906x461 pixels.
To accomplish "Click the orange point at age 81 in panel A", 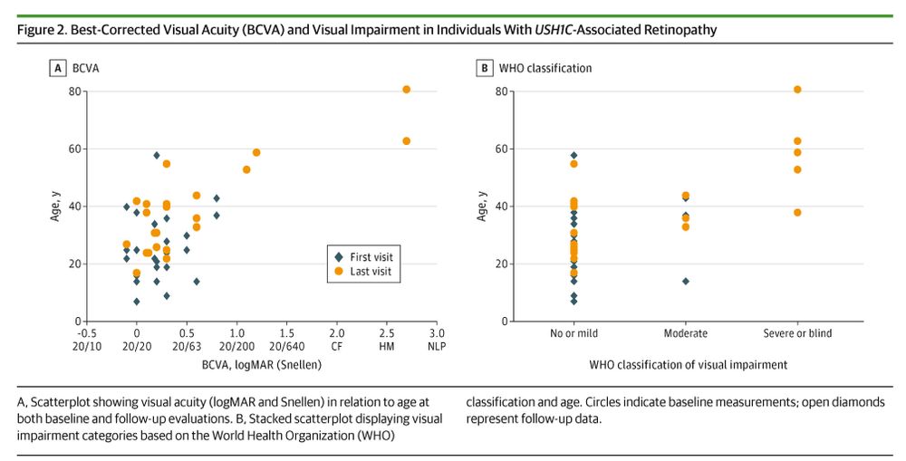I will (x=406, y=90).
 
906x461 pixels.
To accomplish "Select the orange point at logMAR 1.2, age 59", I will (x=256, y=153).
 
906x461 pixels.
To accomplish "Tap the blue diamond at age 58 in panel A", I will (x=157, y=156).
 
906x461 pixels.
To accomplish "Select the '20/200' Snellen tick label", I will (x=236, y=345).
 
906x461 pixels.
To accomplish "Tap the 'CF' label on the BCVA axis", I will (x=336, y=345).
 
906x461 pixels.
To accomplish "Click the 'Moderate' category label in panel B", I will (x=685, y=333).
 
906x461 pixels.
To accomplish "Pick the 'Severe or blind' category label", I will (x=797, y=333).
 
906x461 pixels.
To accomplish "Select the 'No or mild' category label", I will (x=573, y=333).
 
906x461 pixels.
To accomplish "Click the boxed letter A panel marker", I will (x=58, y=68).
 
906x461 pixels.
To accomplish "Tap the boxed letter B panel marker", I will (x=485, y=68).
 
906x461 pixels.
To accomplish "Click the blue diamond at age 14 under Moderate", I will (x=686, y=281).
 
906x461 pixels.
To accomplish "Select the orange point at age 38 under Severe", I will (x=797, y=213).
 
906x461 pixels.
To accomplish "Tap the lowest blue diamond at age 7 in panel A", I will (x=137, y=302).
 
